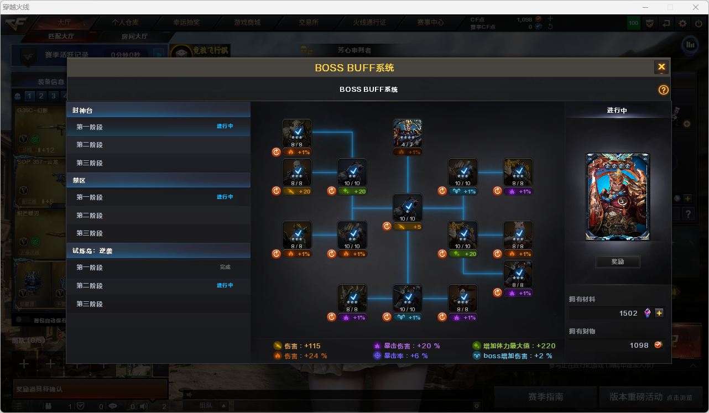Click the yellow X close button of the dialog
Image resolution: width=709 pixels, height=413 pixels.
coord(661,67)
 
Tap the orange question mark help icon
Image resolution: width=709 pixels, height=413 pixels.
coord(663,90)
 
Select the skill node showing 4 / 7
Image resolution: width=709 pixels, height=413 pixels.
coord(408,133)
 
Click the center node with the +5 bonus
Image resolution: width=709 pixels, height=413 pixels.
coord(408,208)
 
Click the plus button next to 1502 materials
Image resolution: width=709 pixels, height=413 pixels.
coord(659,313)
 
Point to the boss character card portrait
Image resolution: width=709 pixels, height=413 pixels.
coord(617,197)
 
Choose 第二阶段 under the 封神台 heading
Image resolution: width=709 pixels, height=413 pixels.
coord(90,145)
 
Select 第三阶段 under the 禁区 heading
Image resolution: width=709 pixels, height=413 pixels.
coord(90,233)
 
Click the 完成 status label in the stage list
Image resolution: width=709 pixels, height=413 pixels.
coord(225,268)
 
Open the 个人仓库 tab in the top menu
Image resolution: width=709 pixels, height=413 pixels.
coord(125,23)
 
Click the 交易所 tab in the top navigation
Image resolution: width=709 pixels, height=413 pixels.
coord(309,23)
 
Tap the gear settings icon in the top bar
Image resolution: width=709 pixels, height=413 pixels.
coord(682,23)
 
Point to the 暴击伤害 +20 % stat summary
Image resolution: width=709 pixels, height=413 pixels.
coord(407,346)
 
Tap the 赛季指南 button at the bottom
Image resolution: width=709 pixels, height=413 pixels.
coord(545,397)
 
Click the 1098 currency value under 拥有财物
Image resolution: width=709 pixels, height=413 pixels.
coord(639,345)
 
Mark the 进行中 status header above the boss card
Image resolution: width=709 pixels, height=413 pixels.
coord(617,111)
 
